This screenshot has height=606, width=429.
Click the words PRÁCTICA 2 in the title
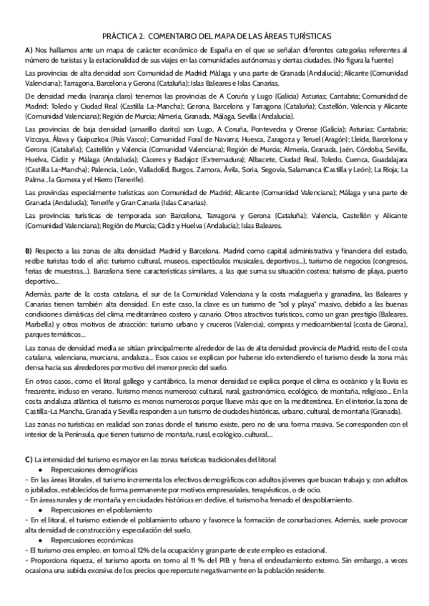[x=125, y=34]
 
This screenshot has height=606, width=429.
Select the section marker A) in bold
[x=29, y=50]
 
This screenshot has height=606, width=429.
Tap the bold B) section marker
[x=29, y=251]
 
